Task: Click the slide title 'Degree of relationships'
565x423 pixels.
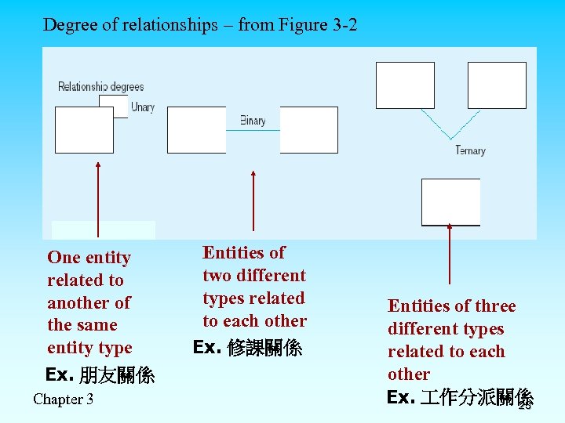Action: pos(200,25)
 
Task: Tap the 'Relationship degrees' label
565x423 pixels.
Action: pos(101,87)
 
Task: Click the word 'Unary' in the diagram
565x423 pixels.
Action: pos(142,107)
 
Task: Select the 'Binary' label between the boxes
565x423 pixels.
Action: pos(253,121)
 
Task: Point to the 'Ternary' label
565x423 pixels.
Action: pos(470,150)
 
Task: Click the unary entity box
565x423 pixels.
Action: pos(84,129)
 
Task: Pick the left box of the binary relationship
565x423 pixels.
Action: pos(196,129)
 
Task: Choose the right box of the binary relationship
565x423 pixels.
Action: pos(309,129)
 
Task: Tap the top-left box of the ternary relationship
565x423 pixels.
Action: pos(405,85)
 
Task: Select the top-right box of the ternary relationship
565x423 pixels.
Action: pos(497,85)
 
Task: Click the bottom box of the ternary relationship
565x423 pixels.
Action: pos(450,201)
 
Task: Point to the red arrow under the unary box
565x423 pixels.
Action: pos(97,200)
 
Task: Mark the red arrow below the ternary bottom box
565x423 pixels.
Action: pos(450,255)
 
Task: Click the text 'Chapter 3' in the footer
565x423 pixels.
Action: pos(63,399)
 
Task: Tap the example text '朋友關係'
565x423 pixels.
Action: pos(117,375)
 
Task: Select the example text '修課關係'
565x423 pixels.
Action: pos(264,348)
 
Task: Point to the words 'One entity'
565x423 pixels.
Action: pos(89,258)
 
